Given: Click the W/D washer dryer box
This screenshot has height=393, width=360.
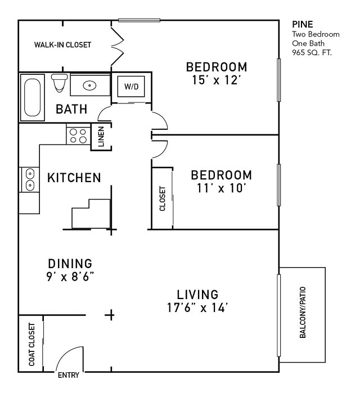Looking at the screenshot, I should point(130,87).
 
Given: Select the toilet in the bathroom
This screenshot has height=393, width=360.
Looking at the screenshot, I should point(59,83).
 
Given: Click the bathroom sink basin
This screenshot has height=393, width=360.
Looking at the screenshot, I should point(89,85).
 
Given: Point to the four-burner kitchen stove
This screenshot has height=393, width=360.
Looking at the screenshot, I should point(78,135).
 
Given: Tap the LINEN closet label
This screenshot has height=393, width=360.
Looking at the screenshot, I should point(101,137).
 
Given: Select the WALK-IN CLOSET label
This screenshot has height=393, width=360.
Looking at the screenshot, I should point(62,45).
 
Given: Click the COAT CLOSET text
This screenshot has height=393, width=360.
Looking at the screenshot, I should point(31,345).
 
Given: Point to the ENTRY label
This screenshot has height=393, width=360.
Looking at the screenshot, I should point(69,376).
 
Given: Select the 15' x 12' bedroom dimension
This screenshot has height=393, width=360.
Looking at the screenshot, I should point(217,80).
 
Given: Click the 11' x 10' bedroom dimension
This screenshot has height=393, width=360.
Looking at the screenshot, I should point(220,188).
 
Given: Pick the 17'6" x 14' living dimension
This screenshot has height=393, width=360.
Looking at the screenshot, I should point(197,308).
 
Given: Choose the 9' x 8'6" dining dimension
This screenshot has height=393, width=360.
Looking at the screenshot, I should point(70,276).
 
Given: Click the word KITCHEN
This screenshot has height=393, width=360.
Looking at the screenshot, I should point(74,178).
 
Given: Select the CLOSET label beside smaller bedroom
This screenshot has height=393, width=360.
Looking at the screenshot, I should point(163,198).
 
